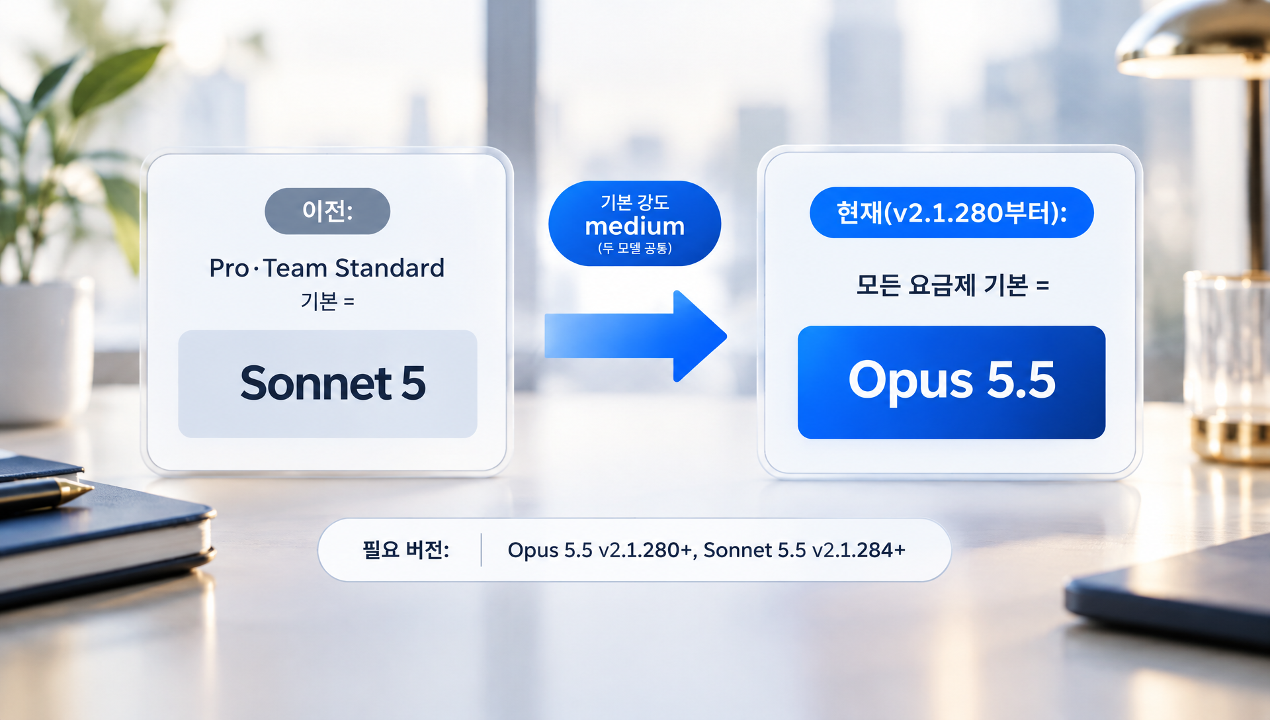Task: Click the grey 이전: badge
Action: [x=327, y=211]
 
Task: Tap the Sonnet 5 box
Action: [x=327, y=384]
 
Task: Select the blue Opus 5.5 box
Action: [x=951, y=382]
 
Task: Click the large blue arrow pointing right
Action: [x=635, y=336]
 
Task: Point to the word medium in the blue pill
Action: [x=635, y=226]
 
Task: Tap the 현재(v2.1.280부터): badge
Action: [x=951, y=212]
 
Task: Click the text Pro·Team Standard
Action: [x=327, y=268]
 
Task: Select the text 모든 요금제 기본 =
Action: [x=952, y=285]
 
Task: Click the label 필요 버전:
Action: [x=405, y=550]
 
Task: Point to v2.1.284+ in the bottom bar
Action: [x=859, y=550]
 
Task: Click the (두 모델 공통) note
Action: [x=635, y=248]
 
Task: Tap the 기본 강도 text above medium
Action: [x=635, y=202]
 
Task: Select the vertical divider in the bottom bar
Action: [x=481, y=550]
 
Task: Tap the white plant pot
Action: [x=43, y=351]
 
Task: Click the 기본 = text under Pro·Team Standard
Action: [x=327, y=302]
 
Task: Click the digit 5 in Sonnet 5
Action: [x=413, y=383]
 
